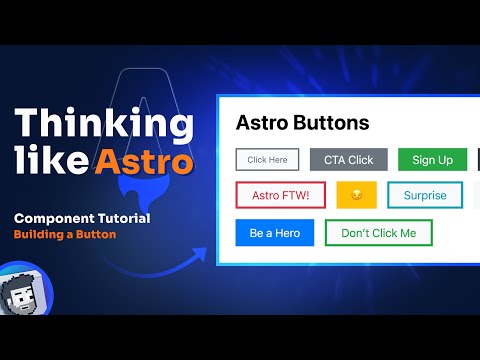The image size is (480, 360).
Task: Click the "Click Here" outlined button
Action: tap(267, 159)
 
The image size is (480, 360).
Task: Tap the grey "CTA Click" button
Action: tap(348, 159)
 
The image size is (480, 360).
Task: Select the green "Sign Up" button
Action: tap(432, 159)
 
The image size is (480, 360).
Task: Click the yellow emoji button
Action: tap(356, 195)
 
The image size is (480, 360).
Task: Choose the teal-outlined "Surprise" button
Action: tap(425, 195)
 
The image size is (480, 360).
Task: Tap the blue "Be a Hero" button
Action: tap(275, 233)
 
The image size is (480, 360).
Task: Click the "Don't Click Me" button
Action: tap(378, 233)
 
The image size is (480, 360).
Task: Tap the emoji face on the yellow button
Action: tap(356, 195)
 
